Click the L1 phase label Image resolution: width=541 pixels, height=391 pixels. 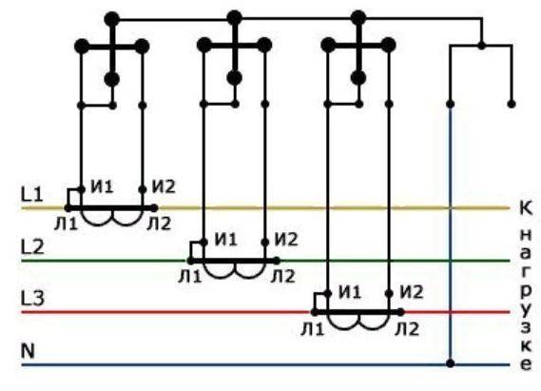(32, 195)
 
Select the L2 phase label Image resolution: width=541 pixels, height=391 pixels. (32, 247)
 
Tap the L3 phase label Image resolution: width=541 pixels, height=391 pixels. (32, 299)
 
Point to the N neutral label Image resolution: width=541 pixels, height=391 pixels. (28, 351)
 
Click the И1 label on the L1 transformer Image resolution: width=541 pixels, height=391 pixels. (102, 186)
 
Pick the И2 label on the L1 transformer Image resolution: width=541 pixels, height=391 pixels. (164, 186)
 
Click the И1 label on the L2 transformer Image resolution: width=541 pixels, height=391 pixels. (226, 240)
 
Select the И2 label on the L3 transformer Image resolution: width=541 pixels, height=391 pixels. (412, 292)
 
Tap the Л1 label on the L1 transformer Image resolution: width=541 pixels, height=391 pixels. (66, 225)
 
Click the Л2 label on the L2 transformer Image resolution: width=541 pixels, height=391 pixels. (283, 277)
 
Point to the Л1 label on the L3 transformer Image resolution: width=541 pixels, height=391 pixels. (313, 329)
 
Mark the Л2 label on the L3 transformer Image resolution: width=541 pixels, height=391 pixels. (407, 329)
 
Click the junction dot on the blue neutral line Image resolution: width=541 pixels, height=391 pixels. (450, 363)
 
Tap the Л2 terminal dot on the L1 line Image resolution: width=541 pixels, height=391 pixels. (154, 208)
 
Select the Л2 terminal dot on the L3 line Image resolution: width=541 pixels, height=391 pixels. (400, 312)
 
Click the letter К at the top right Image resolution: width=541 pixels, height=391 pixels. (526, 208)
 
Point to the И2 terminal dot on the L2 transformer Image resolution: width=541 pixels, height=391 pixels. (265, 243)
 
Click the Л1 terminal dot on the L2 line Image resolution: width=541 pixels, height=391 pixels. (190, 261)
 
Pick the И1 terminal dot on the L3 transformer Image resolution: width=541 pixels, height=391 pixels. (328, 294)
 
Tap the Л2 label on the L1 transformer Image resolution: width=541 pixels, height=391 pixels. (159, 225)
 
